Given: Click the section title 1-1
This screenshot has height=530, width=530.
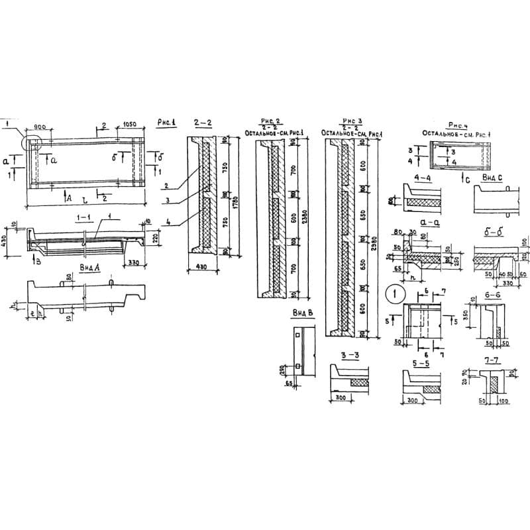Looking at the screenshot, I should [x=83, y=217].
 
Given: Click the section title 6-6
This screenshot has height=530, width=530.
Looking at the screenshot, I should [x=492, y=293].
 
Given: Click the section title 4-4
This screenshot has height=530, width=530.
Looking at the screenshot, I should [x=421, y=178].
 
